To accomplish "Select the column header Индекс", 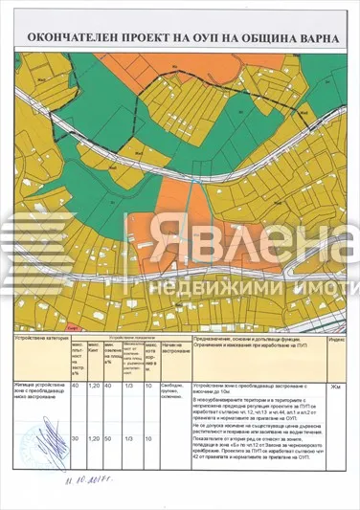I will [x=336, y=340].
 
